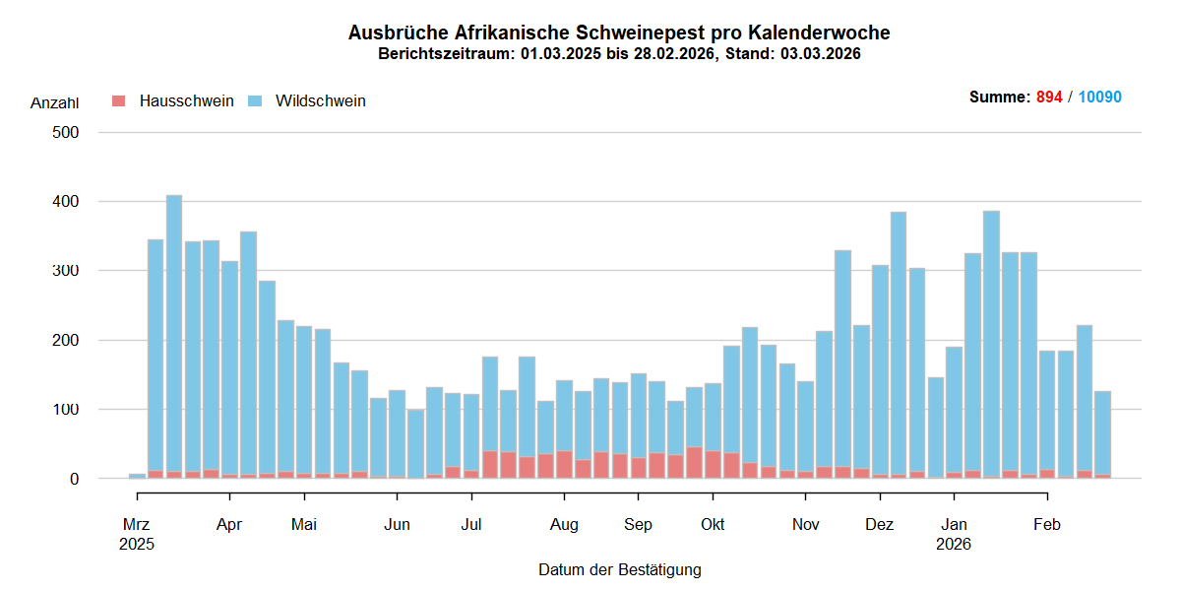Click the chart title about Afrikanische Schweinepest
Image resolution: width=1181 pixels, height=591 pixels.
(x=619, y=33)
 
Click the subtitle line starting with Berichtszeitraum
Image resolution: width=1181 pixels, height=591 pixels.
(x=619, y=54)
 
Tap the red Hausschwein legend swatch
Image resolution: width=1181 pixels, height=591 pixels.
(x=119, y=100)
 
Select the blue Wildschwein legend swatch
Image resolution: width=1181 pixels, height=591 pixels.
(x=255, y=100)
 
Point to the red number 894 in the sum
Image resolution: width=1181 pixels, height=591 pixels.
(x=1049, y=98)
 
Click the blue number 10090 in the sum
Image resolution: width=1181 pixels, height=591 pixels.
(x=1099, y=98)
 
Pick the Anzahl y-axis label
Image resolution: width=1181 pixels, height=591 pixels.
(x=54, y=102)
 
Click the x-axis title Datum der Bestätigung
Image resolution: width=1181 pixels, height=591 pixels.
(x=619, y=569)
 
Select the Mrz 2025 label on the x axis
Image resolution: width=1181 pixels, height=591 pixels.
(x=137, y=533)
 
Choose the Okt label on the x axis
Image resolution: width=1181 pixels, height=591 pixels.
(x=713, y=525)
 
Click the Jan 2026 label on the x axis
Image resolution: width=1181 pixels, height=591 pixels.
(x=954, y=533)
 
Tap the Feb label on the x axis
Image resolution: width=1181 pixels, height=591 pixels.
(x=1046, y=525)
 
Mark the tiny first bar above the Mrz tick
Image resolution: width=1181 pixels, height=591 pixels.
(x=137, y=476)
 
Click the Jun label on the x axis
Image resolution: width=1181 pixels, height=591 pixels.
(x=397, y=525)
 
